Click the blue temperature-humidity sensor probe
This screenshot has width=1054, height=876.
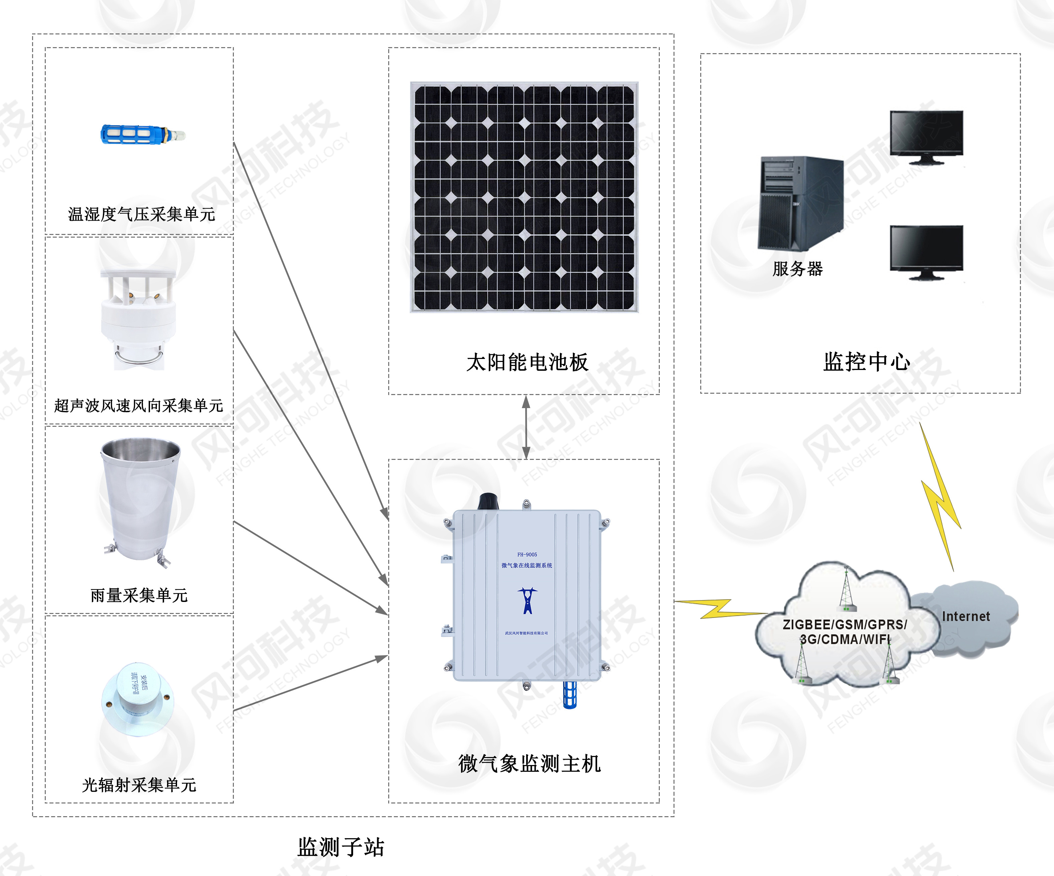142,135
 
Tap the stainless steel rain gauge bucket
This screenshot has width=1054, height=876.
140,499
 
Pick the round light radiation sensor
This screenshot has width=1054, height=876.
138,699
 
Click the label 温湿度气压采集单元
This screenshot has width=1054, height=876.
142,214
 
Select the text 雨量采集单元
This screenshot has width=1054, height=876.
139,595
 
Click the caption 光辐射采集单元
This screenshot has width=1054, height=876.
139,785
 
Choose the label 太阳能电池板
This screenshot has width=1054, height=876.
527,362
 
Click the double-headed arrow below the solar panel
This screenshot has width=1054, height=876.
526,427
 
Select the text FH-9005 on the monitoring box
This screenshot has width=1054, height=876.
527,555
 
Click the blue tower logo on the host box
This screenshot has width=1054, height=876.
527,601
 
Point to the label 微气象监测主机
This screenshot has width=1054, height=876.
529,764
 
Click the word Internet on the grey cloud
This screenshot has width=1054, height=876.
966,616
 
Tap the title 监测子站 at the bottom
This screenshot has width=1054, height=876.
341,847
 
